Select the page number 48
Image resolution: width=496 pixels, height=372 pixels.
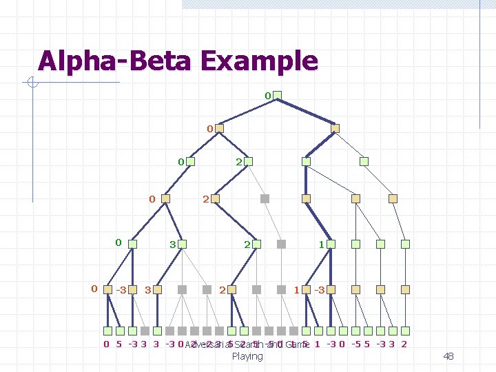448,356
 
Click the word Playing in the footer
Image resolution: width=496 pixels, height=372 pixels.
247,356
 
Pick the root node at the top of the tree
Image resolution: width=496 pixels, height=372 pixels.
277,95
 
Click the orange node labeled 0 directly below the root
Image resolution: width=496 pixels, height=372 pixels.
220,128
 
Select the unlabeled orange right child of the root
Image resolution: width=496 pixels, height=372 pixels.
335,128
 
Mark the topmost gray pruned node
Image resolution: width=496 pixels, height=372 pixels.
265,198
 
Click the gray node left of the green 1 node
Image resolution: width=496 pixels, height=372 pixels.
281,244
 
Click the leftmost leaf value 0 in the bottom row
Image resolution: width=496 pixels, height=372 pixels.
106,344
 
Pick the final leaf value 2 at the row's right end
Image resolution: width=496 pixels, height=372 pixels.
404,344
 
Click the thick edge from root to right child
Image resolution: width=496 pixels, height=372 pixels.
306,112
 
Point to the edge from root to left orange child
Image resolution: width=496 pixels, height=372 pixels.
248,112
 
